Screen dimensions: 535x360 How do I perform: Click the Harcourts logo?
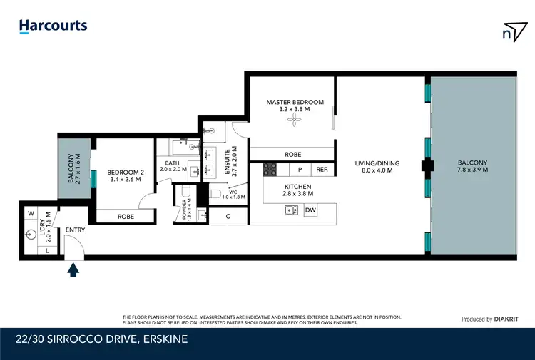(53, 26)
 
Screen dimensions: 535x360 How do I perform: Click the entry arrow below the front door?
(73, 269)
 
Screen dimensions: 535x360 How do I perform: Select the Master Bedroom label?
(295, 102)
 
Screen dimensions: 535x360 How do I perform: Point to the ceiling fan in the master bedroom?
(294, 119)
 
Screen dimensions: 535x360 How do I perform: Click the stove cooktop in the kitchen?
(270, 170)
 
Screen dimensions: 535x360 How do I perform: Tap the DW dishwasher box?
(310, 210)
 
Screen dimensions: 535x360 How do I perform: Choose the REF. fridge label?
(322, 169)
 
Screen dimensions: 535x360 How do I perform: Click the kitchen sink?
(291, 210)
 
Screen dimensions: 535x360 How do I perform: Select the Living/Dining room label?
(377, 163)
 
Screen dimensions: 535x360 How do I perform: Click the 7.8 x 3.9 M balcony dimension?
(472, 170)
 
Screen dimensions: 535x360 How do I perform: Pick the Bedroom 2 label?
(126, 173)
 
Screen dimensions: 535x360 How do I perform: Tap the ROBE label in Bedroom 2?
(126, 217)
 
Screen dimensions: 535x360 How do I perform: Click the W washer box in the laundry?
(31, 213)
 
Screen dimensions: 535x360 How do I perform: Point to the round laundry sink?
(31, 235)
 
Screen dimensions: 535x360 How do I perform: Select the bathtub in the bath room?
(186, 148)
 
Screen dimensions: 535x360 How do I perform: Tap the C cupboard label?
(228, 216)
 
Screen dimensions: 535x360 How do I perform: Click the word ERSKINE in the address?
(165, 339)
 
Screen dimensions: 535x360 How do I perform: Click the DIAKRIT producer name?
(506, 319)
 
